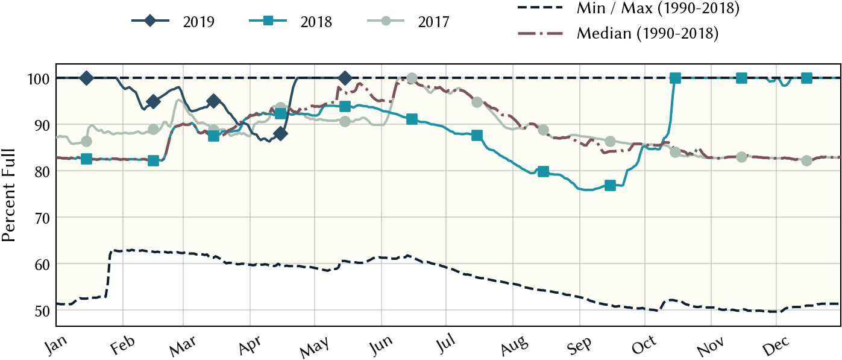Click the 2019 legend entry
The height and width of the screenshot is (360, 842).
[x=173, y=21]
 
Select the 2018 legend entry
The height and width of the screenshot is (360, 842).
[x=291, y=21]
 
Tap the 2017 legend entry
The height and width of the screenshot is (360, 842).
[x=408, y=21]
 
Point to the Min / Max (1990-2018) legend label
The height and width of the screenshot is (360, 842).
[x=658, y=8]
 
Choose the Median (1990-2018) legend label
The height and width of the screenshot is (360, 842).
[x=647, y=34]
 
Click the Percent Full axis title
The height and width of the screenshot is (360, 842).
[x=8, y=195]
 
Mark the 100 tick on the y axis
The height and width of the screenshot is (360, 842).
[x=39, y=79]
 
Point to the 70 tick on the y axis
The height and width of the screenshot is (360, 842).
[x=42, y=218]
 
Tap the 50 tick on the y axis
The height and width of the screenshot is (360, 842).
[x=42, y=311]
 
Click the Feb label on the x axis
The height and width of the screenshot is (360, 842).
[x=123, y=345]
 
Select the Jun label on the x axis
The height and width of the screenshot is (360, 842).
[x=382, y=345]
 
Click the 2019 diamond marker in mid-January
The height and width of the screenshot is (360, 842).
[x=86, y=78]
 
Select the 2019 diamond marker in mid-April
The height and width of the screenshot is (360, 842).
[x=280, y=134]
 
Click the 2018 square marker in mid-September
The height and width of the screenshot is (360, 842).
[x=610, y=186]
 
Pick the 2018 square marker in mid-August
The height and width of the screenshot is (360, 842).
[x=543, y=172]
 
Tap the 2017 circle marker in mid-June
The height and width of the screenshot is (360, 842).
[x=412, y=78]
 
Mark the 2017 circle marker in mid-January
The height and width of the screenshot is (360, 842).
[x=86, y=142]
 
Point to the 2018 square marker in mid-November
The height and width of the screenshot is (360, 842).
[x=741, y=78]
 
